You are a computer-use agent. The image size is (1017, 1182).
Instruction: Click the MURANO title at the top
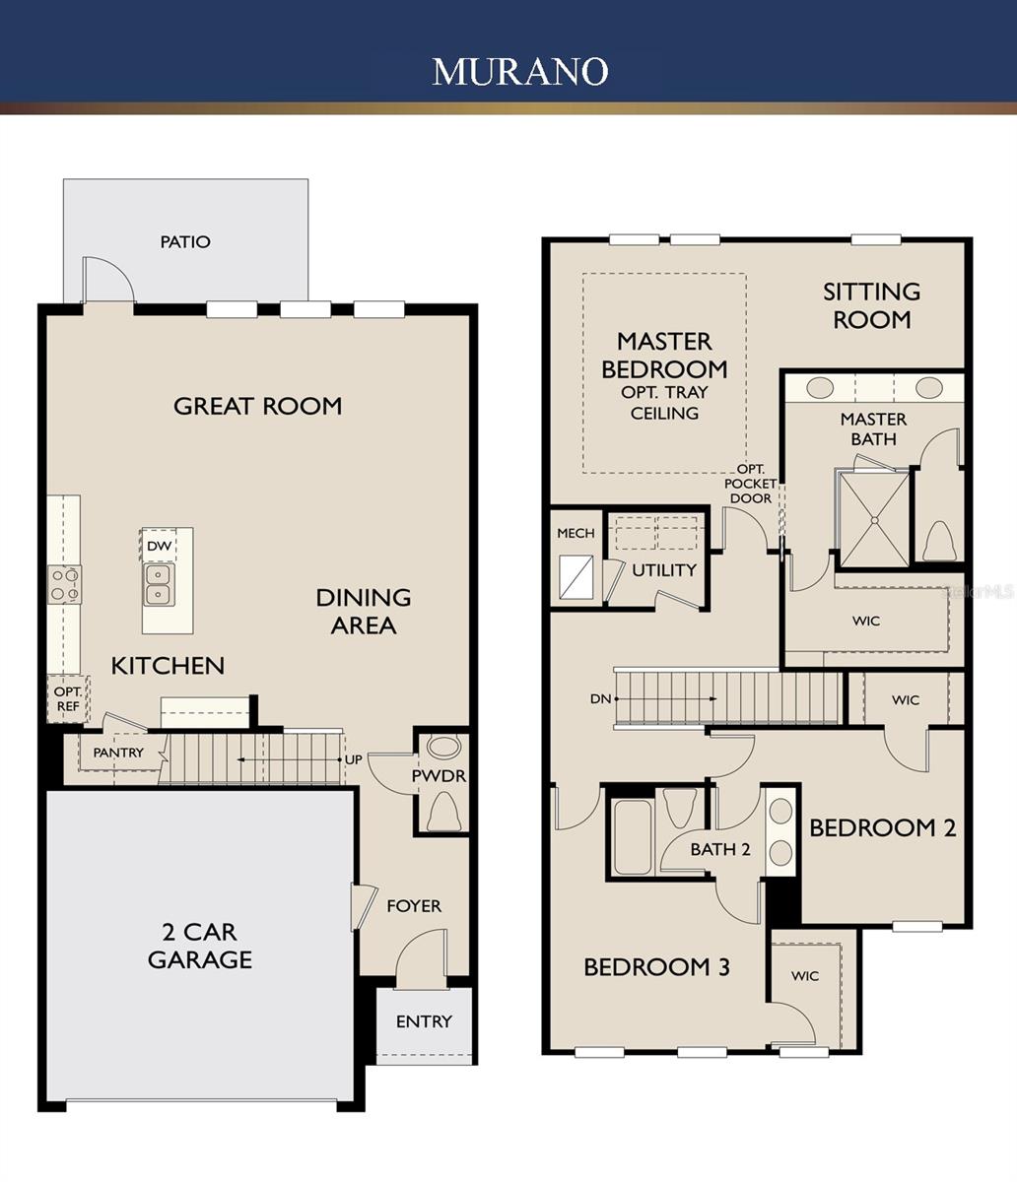point(519,71)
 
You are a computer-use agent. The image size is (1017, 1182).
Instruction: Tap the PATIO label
point(185,241)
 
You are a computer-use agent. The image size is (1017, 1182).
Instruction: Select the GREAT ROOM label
point(257,406)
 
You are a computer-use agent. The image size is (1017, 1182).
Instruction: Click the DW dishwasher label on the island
point(158,546)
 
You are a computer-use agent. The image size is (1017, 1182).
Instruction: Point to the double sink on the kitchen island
point(157,584)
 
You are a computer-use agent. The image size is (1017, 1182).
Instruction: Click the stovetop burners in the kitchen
point(65,584)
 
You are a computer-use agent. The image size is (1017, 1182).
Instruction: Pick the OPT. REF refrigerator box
point(68,699)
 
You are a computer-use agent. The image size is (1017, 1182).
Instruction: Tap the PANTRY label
point(118,753)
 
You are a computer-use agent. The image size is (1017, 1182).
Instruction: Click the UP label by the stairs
point(353,760)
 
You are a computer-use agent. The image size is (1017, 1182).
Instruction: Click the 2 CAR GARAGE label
point(200,946)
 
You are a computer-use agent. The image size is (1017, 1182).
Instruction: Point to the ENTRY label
point(424,1021)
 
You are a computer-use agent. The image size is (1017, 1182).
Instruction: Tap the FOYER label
point(413,905)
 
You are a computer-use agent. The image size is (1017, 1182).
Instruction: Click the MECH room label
point(576,533)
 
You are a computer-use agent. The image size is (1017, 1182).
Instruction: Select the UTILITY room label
point(664,570)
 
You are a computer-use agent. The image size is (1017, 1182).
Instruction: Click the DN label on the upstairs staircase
point(600,698)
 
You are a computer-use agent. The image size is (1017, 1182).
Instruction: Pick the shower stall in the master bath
point(873,519)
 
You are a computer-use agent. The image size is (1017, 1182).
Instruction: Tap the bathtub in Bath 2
point(631,837)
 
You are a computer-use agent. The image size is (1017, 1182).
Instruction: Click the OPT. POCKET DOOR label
point(751,484)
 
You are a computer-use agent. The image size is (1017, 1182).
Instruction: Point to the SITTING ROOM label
point(872,305)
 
